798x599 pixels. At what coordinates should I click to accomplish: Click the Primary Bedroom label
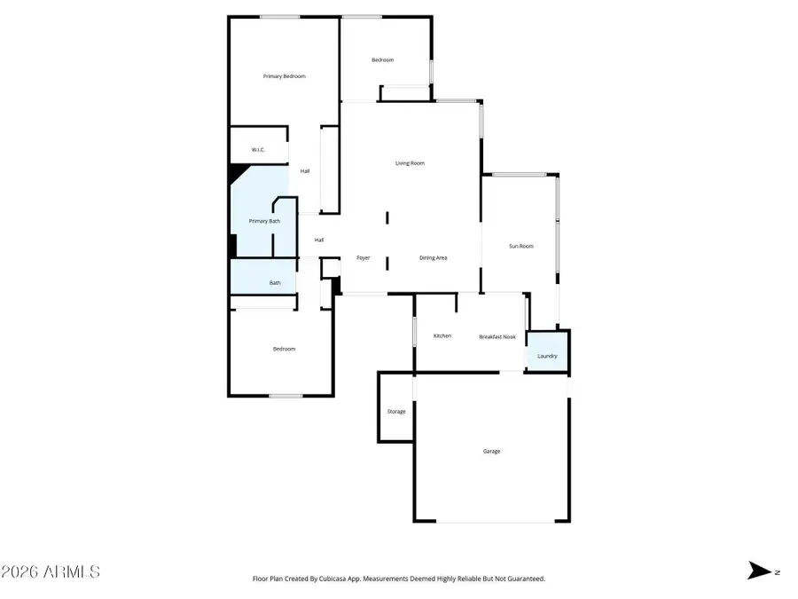point(284,76)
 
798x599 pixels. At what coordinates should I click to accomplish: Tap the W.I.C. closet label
point(258,150)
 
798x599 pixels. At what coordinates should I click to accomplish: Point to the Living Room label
point(410,163)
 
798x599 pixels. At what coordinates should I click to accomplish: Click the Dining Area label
point(433,257)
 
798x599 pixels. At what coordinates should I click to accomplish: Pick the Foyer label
point(363,257)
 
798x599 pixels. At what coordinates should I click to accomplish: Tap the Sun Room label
point(520,246)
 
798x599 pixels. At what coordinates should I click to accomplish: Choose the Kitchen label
point(442,336)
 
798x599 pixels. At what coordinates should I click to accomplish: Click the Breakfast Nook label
point(497,337)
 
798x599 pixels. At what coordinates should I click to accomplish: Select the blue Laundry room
point(547,355)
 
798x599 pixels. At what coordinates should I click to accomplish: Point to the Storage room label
point(396,412)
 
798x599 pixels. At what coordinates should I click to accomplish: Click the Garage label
point(491,452)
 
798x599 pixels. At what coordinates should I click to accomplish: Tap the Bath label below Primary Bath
point(275,283)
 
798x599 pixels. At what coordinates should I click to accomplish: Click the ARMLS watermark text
point(51,571)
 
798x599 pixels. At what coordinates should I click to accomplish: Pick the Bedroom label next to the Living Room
point(382,59)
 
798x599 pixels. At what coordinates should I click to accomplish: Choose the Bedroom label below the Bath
point(284,349)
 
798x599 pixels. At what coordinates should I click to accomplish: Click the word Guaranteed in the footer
point(525,579)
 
